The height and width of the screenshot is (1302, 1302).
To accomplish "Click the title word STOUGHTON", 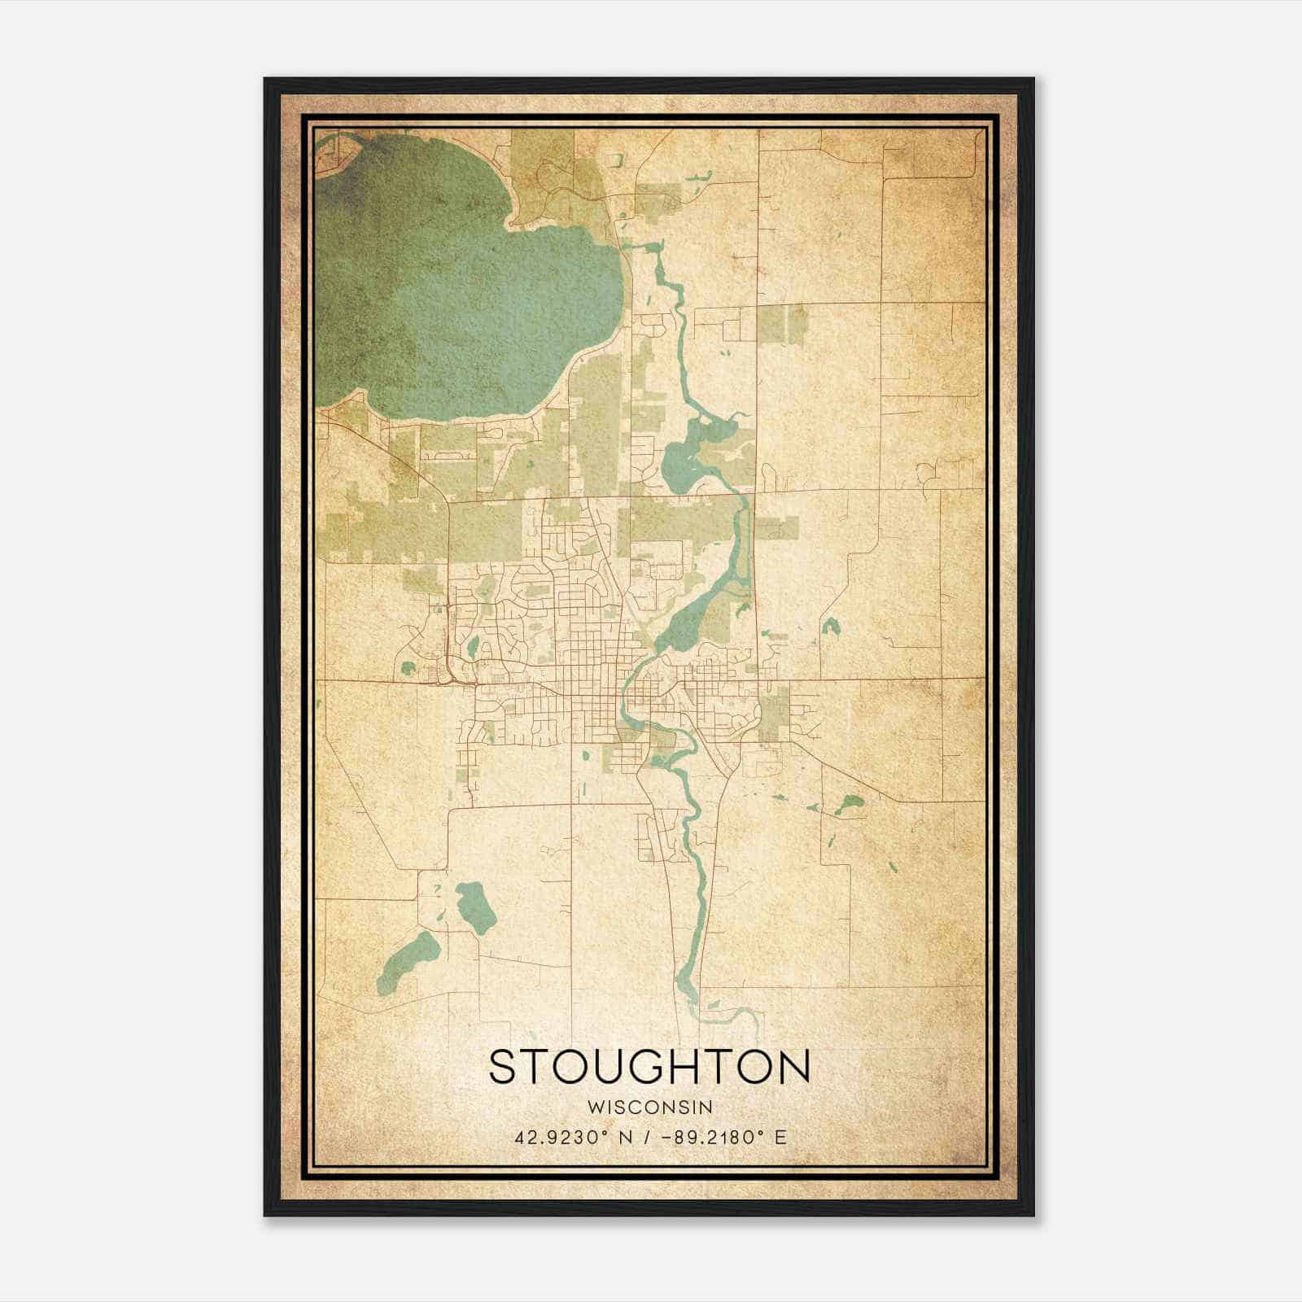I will click(649, 1066).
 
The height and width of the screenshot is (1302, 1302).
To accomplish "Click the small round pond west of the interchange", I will click(408, 670).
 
